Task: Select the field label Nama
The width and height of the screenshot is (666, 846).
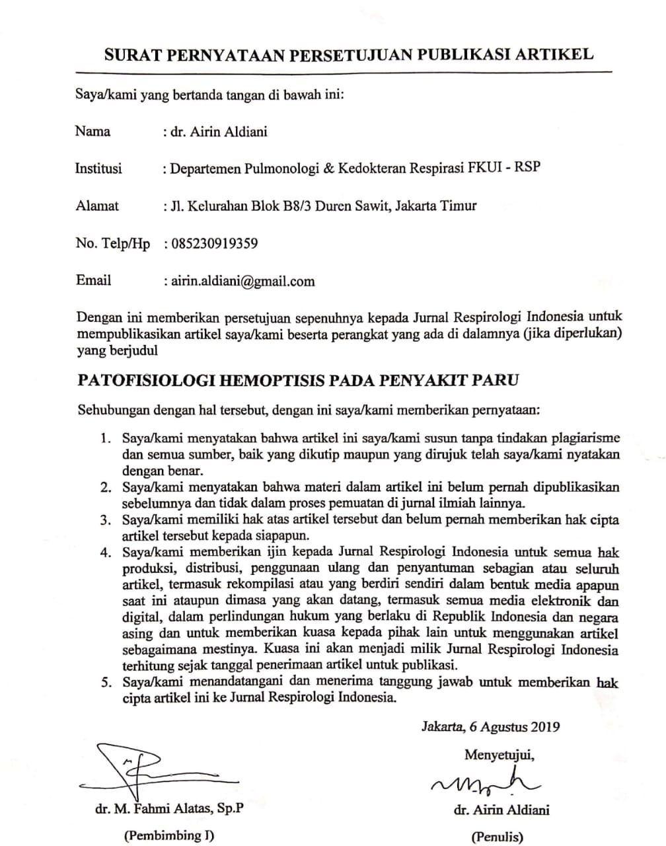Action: click(x=92, y=131)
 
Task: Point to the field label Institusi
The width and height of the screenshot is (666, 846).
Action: click(x=98, y=168)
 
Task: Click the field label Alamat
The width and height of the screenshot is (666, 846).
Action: click(x=97, y=206)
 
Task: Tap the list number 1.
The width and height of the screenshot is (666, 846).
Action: click(x=104, y=438)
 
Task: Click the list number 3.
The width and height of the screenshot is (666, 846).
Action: click(x=104, y=520)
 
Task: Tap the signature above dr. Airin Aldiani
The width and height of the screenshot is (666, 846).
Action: click(x=485, y=783)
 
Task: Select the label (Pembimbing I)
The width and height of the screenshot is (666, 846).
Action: click(x=169, y=835)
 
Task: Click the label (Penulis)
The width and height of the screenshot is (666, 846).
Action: click(x=496, y=837)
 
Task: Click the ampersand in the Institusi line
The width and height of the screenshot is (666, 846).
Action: click(x=328, y=168)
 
